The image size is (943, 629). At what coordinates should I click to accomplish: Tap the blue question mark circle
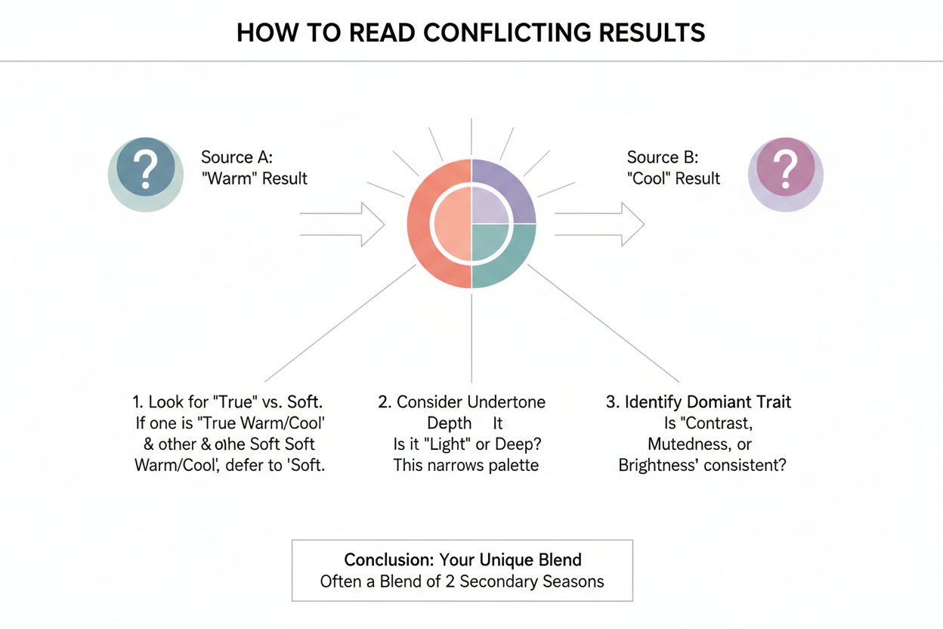pos(146,174)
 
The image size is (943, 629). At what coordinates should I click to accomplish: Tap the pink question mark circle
pos(786,174)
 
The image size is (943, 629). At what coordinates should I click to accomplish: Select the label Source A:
pos(237,157)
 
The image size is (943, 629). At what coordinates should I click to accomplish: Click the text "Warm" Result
pos(254,178)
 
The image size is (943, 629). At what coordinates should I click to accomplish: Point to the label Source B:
pos(663,157)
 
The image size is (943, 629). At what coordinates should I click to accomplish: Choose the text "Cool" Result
pos(673,178)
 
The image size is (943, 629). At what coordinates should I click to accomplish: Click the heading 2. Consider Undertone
pos(462,402)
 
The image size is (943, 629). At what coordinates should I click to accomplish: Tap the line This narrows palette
pos(465,464)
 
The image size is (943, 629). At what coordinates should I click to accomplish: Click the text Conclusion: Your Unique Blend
pos(462,560)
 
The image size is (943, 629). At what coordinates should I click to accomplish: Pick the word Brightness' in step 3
pos(658,464)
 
